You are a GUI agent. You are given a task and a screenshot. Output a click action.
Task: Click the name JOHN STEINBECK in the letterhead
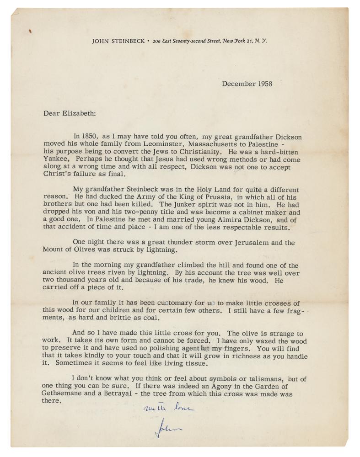[x=118, y=40]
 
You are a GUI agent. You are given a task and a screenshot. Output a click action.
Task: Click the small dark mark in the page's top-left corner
[x=30, y=31]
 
